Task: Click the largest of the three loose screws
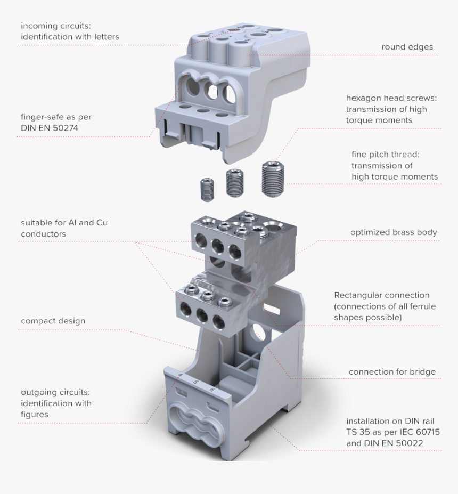point(273,181)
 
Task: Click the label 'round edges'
point(407,47)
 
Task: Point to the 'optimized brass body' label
point(394,232)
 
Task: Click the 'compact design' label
point(53,321)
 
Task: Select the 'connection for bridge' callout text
point(392,371)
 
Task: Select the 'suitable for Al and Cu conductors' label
point(64,228)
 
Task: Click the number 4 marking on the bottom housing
point(180,376)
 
